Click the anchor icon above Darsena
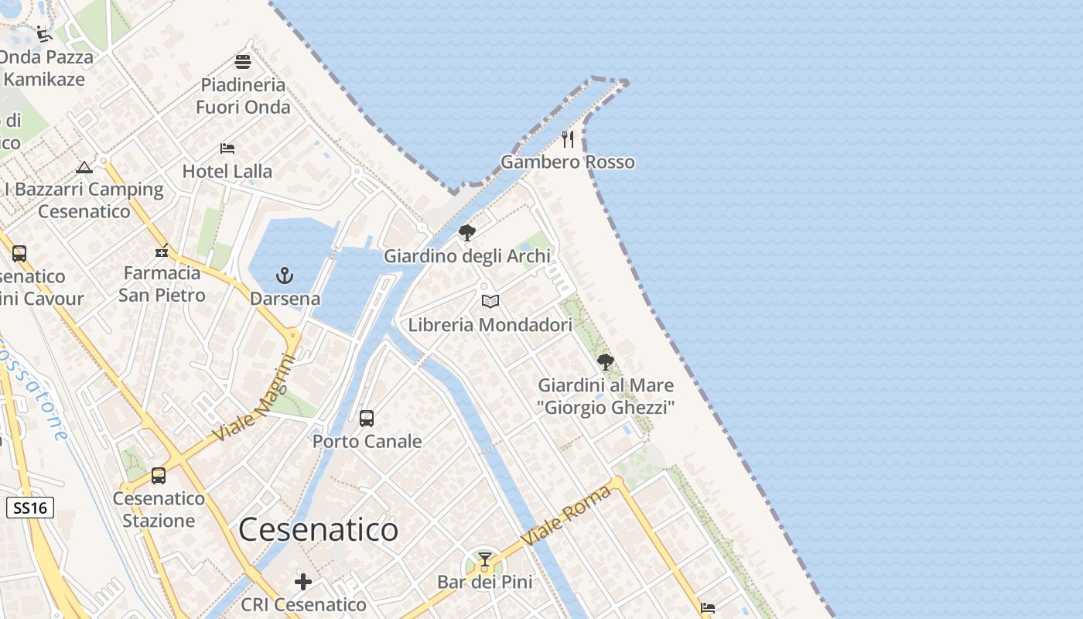285,275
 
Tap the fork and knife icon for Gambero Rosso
569,139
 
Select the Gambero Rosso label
568,162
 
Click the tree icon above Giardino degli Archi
467,232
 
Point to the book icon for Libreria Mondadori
490,301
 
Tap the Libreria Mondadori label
490,325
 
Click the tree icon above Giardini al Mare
606,361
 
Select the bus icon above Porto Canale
367,419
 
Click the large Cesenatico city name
318,530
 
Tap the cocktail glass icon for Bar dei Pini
485,559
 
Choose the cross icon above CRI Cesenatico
303,581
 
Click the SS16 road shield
30,508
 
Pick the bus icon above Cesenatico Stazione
159,476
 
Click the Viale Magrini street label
255,400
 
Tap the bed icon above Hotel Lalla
227,148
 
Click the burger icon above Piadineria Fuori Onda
243,61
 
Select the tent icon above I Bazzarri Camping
84,166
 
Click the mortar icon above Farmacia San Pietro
162,250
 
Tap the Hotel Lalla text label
227,171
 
